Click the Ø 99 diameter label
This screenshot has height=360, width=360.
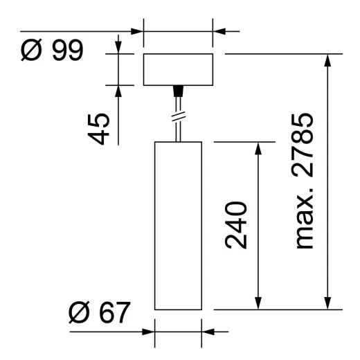(51, 51)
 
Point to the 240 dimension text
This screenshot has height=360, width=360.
(237, 225)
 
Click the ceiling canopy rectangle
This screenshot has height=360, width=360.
(177, 69)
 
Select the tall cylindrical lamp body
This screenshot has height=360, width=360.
(177, 225)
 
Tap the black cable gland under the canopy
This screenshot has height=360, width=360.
(177, 90)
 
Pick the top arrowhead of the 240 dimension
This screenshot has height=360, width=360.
(258, 149)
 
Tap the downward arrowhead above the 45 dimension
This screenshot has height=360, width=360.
(118, 46)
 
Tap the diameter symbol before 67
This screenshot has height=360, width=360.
(80, 314)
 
